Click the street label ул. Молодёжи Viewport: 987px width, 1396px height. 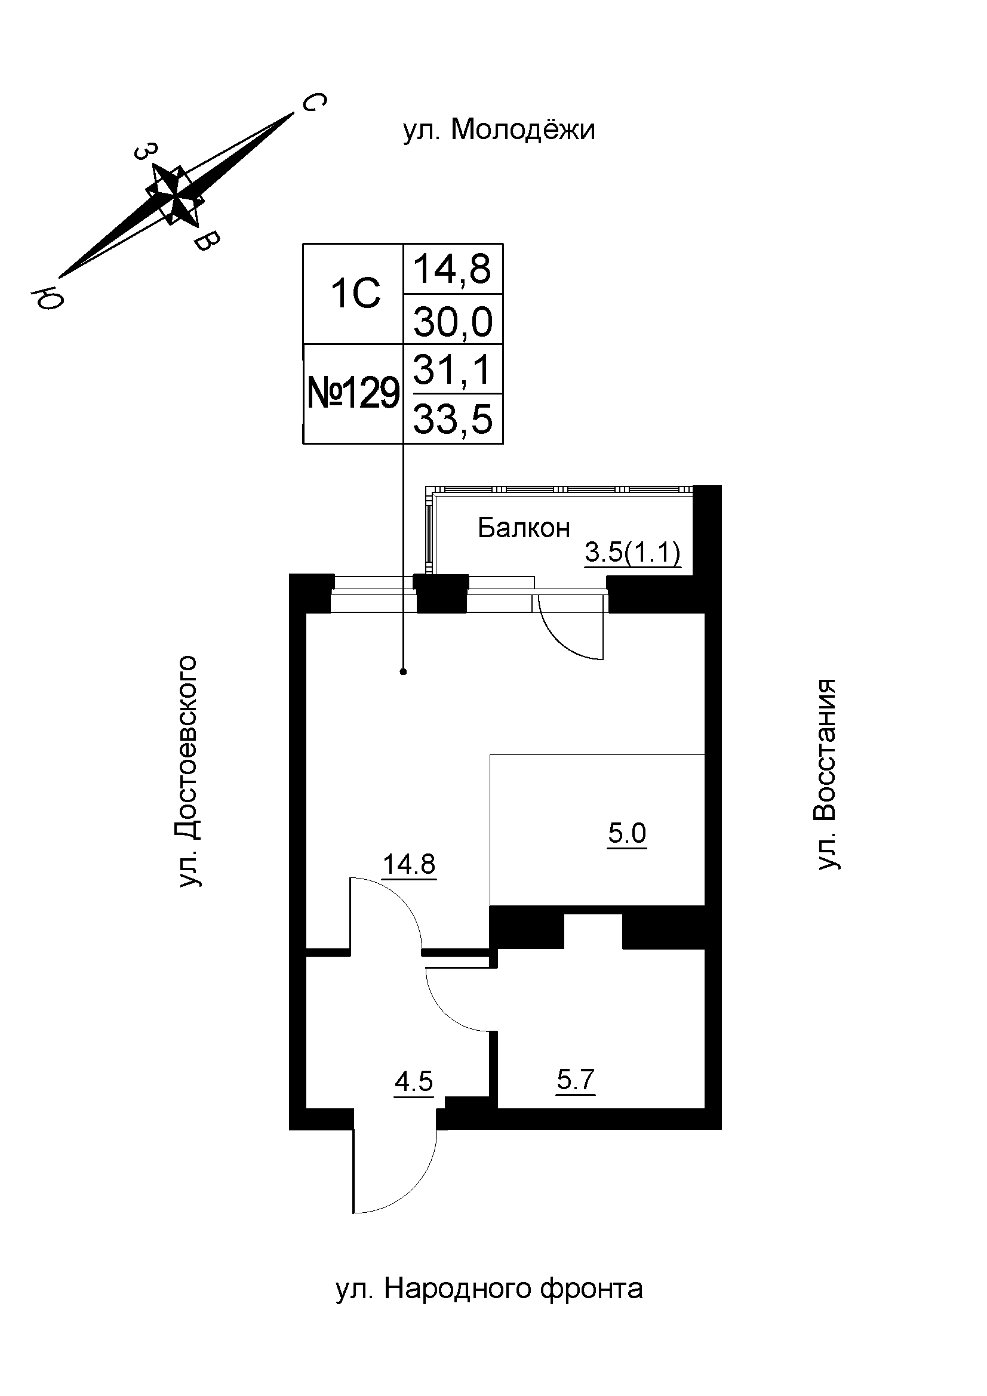tap(499, 130)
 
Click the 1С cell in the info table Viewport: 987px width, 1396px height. tap(355, 294)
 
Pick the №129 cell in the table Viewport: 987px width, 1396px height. tap(354, 394)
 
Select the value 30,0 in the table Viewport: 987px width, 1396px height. tap(453, 321)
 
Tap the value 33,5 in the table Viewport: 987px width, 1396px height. tap(453, 420)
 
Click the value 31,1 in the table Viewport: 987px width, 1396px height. tap(453, 369)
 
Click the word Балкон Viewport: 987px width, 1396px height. tap(524, 528)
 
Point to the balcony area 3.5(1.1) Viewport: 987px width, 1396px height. tap(632, 553)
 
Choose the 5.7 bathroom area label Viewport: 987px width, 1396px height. tap(575, 1080)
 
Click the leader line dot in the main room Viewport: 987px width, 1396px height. tap(403, 672)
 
